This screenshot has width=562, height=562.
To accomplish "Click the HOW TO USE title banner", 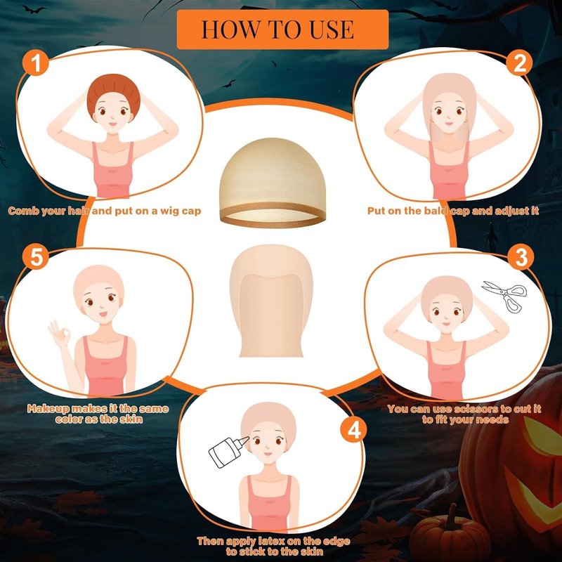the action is (282, 30).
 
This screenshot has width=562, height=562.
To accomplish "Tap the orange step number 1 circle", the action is (36, 63).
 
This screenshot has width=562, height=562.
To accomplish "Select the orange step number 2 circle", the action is (519, 63).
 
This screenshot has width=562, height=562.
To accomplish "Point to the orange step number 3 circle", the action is (521, 256).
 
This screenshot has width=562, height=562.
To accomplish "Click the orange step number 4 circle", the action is (353, 430).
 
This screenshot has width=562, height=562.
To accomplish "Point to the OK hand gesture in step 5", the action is (59, 333).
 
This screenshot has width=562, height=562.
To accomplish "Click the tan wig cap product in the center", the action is (273, 183).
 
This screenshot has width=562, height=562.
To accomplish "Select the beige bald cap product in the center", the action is (271, 301).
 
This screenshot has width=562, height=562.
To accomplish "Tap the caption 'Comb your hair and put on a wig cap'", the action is (104, 211).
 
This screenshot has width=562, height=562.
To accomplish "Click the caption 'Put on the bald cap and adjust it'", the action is (453, 211).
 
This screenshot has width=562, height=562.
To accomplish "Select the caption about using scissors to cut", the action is (464, 414).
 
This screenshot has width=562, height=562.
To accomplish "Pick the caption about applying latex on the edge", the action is (273, 546).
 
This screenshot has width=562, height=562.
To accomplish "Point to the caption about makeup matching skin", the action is (98, 414).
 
